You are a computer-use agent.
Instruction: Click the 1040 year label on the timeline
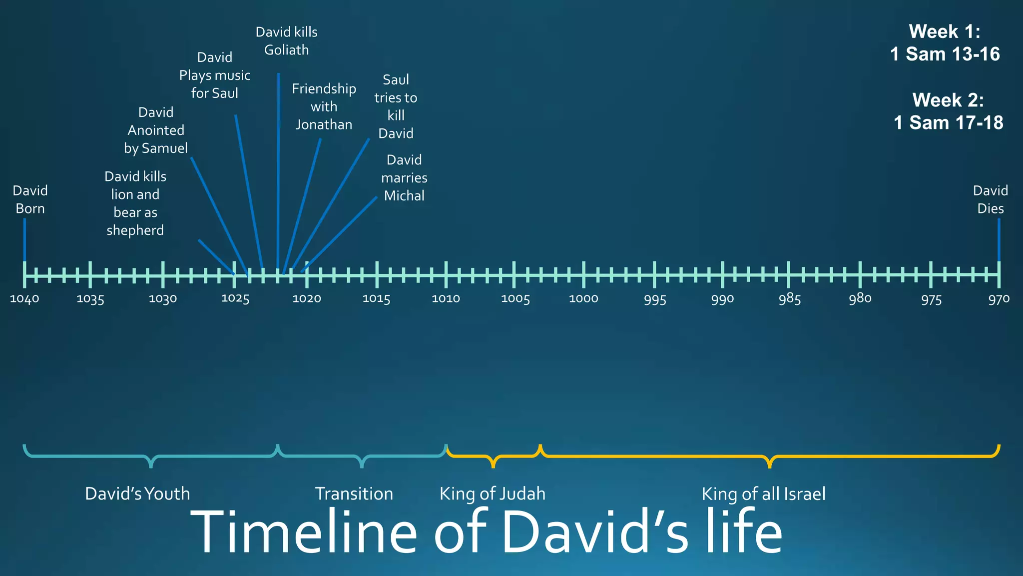[x=24, y=299]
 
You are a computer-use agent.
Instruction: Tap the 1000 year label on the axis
[x=583, y=299]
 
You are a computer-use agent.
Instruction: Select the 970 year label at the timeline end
[x=999, y=299]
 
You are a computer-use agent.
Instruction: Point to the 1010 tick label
[x=446, y=299]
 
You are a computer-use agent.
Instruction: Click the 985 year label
[x=789, y=299]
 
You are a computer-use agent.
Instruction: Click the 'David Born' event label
[x=30, y=199]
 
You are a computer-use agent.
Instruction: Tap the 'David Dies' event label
[x=990, y=199]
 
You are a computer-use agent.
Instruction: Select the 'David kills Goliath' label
[x=286, y=41]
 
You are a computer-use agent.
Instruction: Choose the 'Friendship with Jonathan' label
[x=324, y=106]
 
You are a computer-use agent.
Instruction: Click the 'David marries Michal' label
[x=404, y=177]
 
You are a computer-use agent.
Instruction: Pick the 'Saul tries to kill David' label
[x=396, y=106]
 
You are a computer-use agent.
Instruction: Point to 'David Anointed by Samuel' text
[x=156, y=130]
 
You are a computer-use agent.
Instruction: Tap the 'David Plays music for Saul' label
[x=214, y=75]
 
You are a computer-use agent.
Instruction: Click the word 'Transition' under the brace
[x=354, y=493]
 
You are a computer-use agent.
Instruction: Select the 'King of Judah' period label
[x=492, y=493]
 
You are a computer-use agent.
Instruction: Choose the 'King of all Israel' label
[x=763, y=493]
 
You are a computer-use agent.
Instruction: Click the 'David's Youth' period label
[x=137, y=493]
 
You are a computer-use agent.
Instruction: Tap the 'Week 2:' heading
[x=948, y=100]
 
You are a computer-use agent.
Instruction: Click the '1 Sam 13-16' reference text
[x=945, y=54]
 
